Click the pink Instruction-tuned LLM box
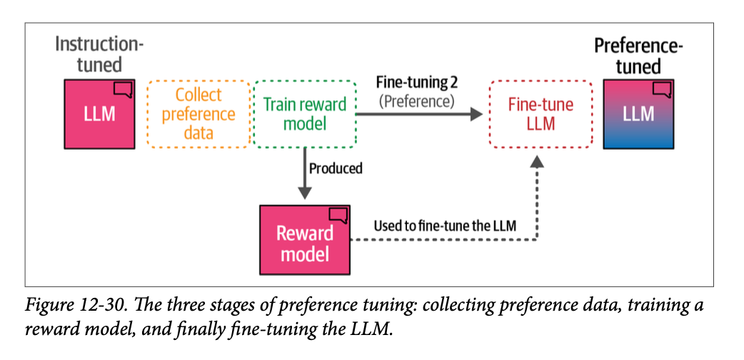point(99,113)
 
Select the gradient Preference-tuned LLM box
point(638,114)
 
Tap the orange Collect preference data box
point(198,114)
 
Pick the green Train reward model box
point(305,114)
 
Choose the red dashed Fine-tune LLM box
point(540,114)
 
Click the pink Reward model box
point(305,240)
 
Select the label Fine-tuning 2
point(415,81)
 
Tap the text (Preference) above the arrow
point(416,101)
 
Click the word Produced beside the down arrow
point(336,169)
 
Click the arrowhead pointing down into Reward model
point(305,193)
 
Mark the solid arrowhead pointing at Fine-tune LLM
point(476,114)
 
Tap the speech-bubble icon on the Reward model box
point(338,214)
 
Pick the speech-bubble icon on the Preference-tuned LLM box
point(663,89)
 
